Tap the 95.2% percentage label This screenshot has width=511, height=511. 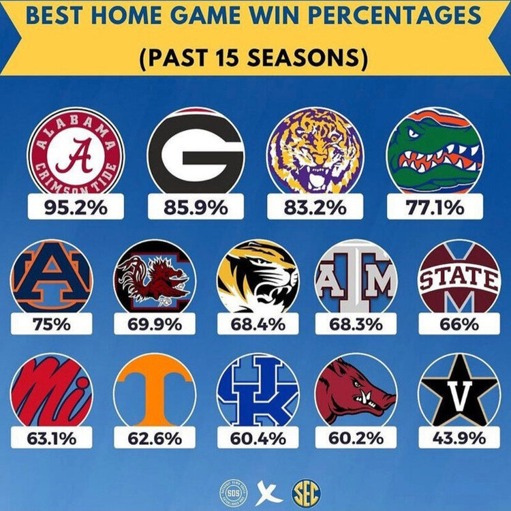point(75,206)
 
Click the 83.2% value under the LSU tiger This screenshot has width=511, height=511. point(315,206)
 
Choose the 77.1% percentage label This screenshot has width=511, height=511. point(435,206)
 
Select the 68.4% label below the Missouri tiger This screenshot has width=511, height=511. point(258,324)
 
